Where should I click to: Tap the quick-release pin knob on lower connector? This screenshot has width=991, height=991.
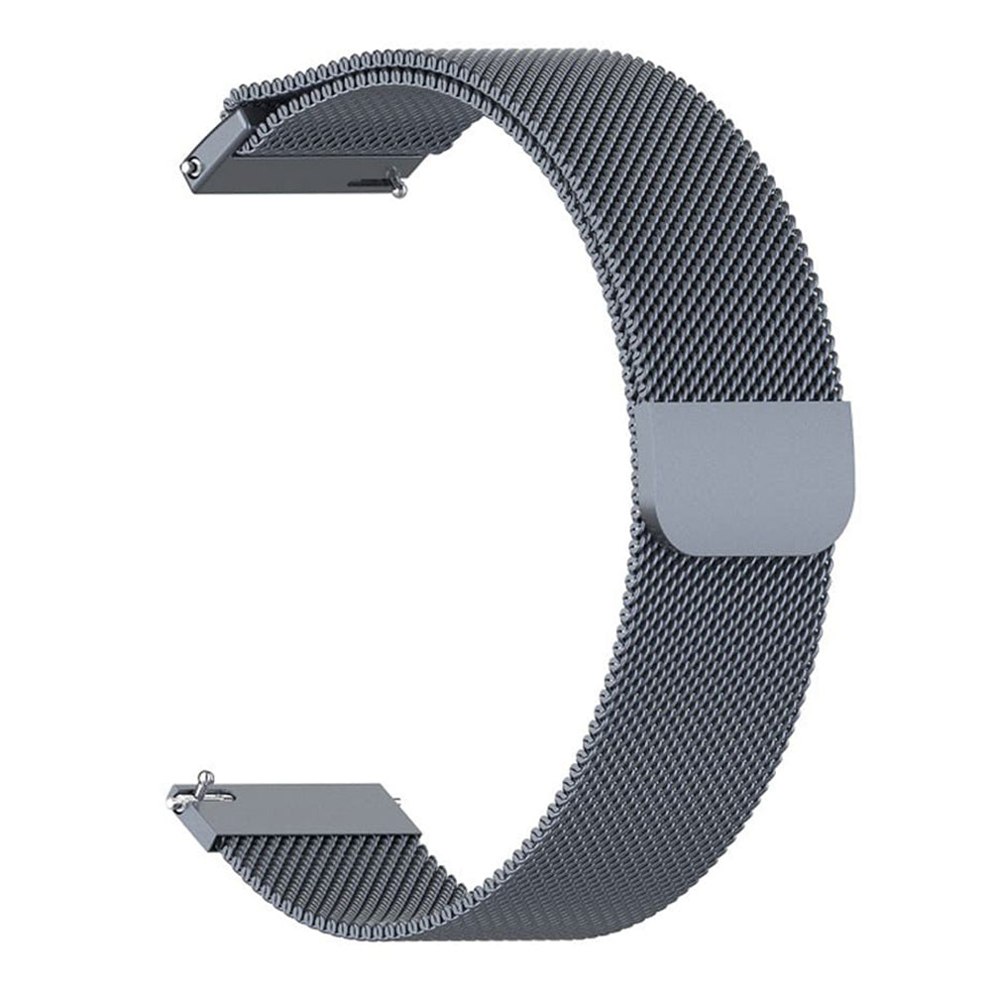(204, 779)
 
